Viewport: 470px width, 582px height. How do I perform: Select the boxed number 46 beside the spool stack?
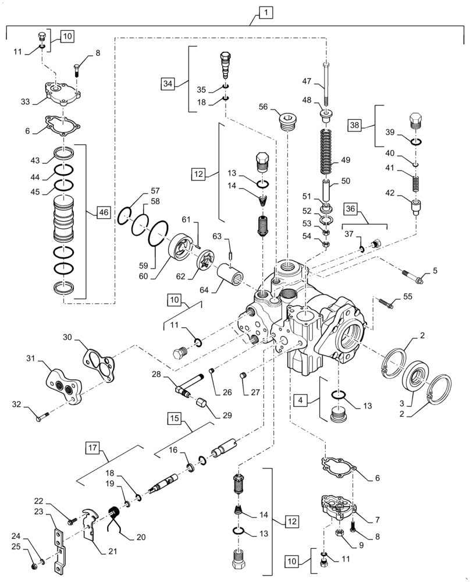(x=102, y=212)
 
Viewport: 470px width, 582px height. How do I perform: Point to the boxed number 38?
(x=355, y=125)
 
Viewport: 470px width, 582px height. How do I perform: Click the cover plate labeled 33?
(x=59, y=95)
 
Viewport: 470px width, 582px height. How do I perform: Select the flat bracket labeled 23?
(x=60, y=551)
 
